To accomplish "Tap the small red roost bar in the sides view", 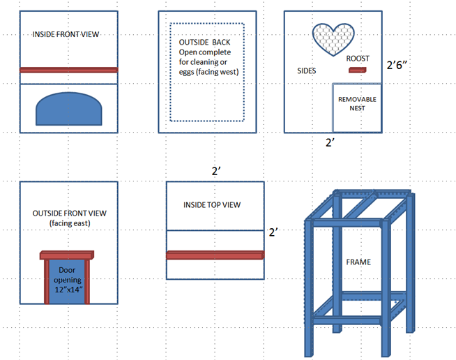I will [357, 70].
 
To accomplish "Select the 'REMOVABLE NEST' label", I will [357, 104].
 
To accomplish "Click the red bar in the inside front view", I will [68, 70].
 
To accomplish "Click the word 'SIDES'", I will [306, 71].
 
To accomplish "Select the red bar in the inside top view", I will [215, 255].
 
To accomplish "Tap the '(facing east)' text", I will [68, 223].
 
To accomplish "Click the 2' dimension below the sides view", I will [331, 142].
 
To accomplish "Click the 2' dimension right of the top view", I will [273, 231].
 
